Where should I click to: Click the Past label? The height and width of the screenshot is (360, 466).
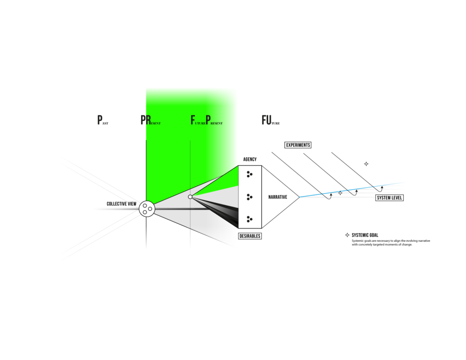(x=103, y=120)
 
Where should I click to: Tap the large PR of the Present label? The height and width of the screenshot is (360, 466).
(x=145, y=120)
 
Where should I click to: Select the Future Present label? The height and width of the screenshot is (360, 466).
(x=207, y=120)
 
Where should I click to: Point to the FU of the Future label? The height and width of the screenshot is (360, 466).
(x=266, y=120)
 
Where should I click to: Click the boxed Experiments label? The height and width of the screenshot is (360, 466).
(x=298, y=145)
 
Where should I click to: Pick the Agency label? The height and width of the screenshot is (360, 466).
(x=250, y=159)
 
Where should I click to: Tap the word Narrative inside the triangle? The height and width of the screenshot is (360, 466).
(x=278, y=197)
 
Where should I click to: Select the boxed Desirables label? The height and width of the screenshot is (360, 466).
(x=250, y=236)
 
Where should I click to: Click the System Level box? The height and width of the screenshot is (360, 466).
(x=390, y=198)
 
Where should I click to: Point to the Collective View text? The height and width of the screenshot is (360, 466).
(x=122, y=204)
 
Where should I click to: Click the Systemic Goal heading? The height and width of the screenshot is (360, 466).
(x=365, y=235)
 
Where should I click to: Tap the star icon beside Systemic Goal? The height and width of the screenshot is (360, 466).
(x=347, y=235)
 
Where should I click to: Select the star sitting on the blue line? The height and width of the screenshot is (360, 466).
(x=340, y=193)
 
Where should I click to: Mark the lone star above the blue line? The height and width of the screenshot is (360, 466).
(x=366, y=164)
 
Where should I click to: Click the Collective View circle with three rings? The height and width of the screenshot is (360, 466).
(x=147, y=209)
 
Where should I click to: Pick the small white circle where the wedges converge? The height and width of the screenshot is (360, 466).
(x=190, y=197)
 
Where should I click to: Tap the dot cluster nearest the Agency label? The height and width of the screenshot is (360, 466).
(x=249, y=174)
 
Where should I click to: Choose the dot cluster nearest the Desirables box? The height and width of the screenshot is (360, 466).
(x=249, y=219)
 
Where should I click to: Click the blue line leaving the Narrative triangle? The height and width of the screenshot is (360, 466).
(x=352, y=189)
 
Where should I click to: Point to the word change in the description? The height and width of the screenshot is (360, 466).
(x=407, y=245)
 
